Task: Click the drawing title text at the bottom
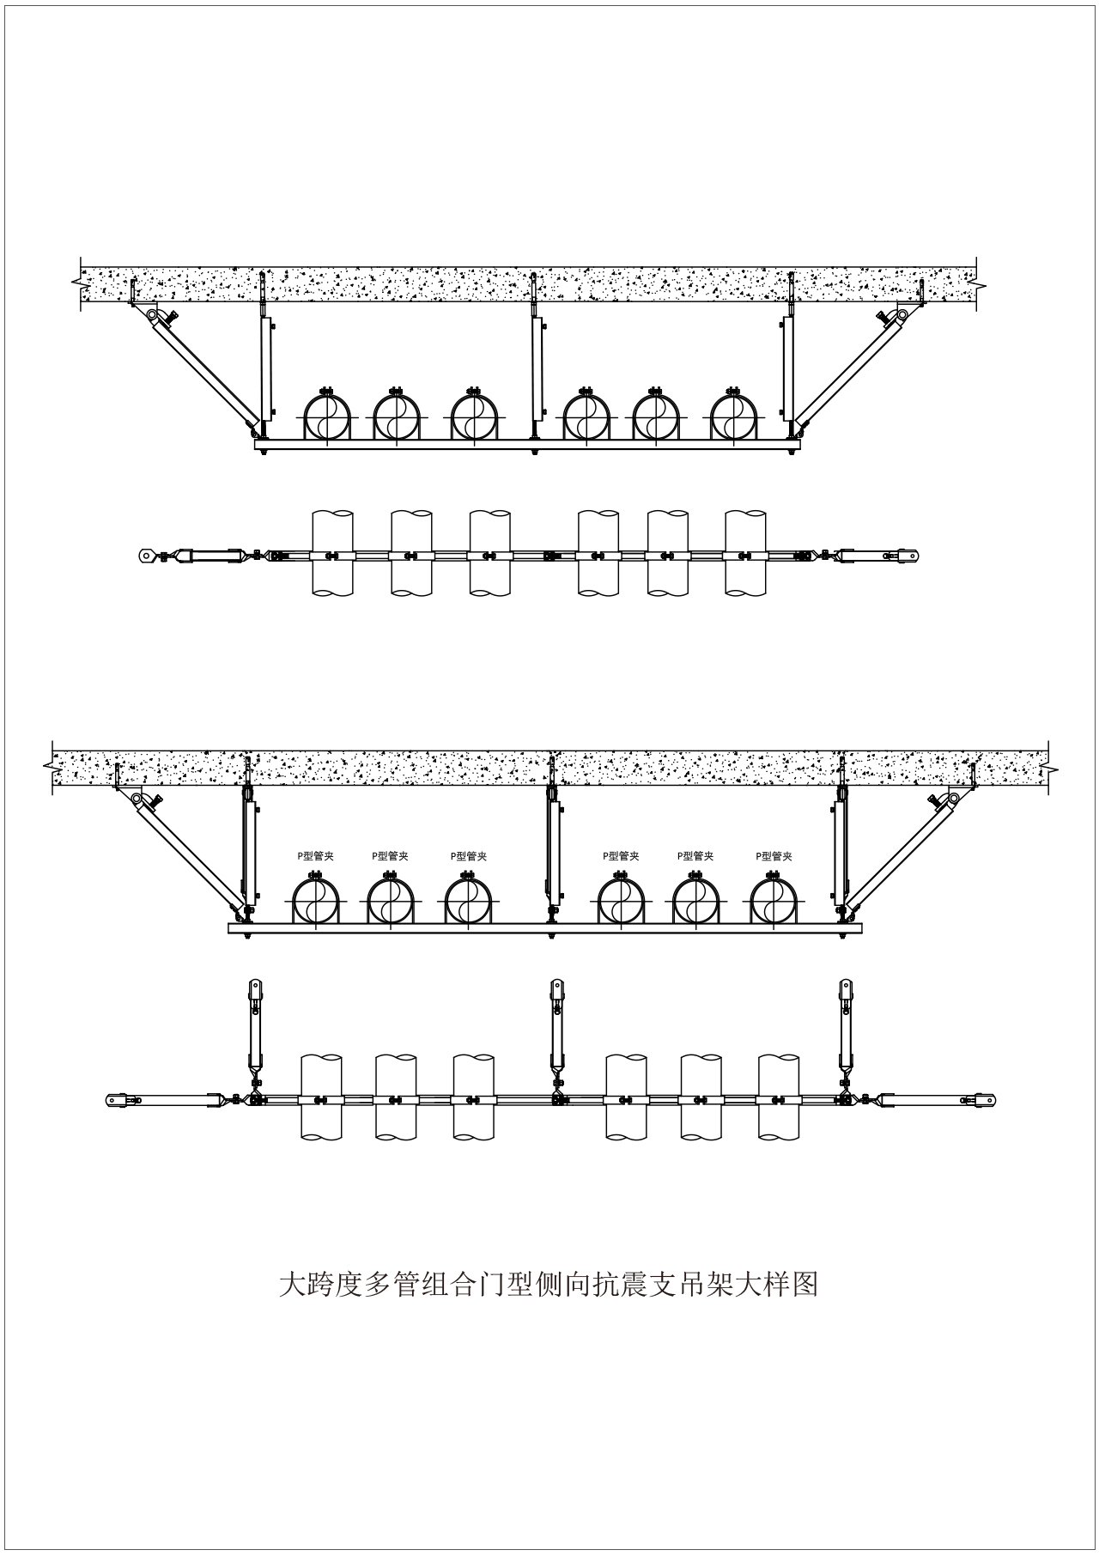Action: pyautogui.click(x=549, y=1284)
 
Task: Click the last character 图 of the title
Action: pyautogui.click(x=805, y=1284)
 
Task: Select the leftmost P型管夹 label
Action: pyautogui.click(x=316, y=855)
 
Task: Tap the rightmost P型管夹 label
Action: pyautogui.click(x=774, y=855)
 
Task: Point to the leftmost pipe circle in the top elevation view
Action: pyautogui.click(x=326, y=417)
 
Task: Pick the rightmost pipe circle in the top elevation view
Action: pyautogui.click(x=733, y=417)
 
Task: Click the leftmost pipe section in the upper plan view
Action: pyautogui.click(x=332, y=554)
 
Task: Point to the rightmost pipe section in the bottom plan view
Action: pyautogui.click(x=780, y=1097)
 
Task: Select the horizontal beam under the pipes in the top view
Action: pyautogui.click(x=527, y=444)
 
